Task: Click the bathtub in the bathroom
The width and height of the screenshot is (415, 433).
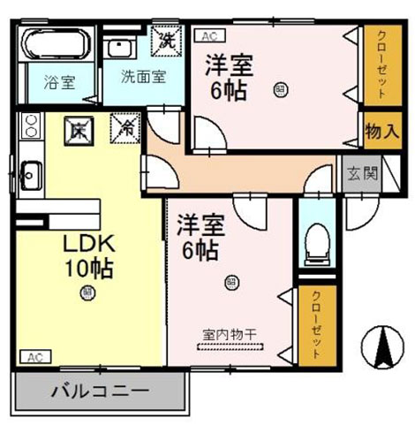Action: click(55, 46)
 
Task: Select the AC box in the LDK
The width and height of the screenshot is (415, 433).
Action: click(33, 357)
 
